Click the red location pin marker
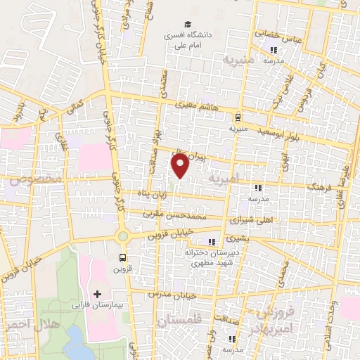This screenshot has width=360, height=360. pos(181,167)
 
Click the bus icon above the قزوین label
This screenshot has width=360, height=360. pos(123,257)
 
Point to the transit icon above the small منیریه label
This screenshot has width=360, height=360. pos(238,117)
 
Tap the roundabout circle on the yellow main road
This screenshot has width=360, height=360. pos(123,237)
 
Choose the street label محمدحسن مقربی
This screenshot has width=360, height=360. pos(174,212)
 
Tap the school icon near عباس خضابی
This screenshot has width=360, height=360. pos(274,50)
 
